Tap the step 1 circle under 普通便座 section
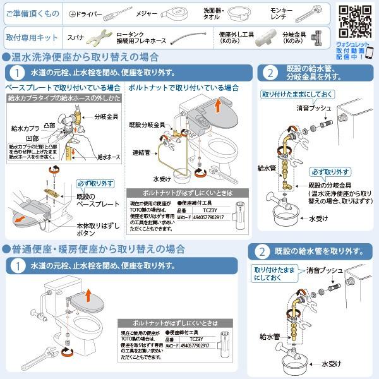(x=18, y=265)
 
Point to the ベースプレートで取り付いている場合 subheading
(x=63, y=88)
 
